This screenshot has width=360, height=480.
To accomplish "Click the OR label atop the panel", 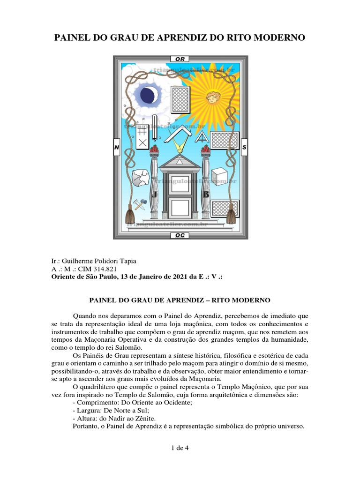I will point(180,59).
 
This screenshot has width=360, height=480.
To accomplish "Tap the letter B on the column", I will point(206,194).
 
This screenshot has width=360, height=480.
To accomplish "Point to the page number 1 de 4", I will point(180,448).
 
